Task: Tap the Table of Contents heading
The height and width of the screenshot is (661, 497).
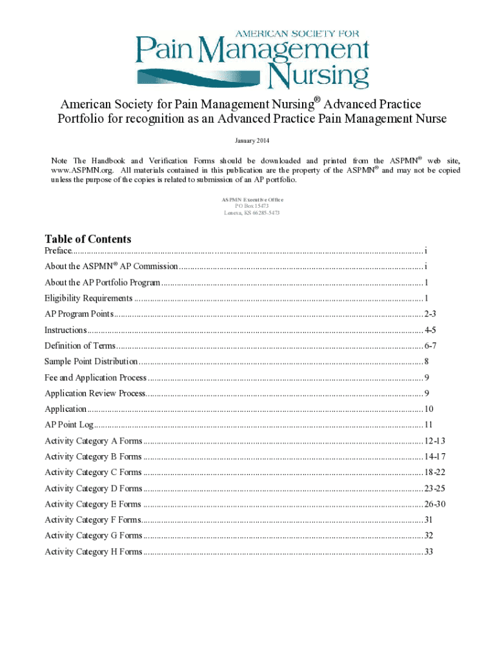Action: click(x=88, y=239)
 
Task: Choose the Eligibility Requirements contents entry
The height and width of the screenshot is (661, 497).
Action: click(x=88, y=298)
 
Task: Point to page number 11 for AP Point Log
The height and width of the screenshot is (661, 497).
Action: click(x=429, y=425)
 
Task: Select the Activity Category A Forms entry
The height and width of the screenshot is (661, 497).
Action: click(x=93, y=441)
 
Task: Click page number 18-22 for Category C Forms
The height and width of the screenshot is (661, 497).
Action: click(x=434, y=473)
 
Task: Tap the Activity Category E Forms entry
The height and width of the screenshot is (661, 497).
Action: click(x=93, y=504)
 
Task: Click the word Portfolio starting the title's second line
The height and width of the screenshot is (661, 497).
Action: click(x=80, y=119)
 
